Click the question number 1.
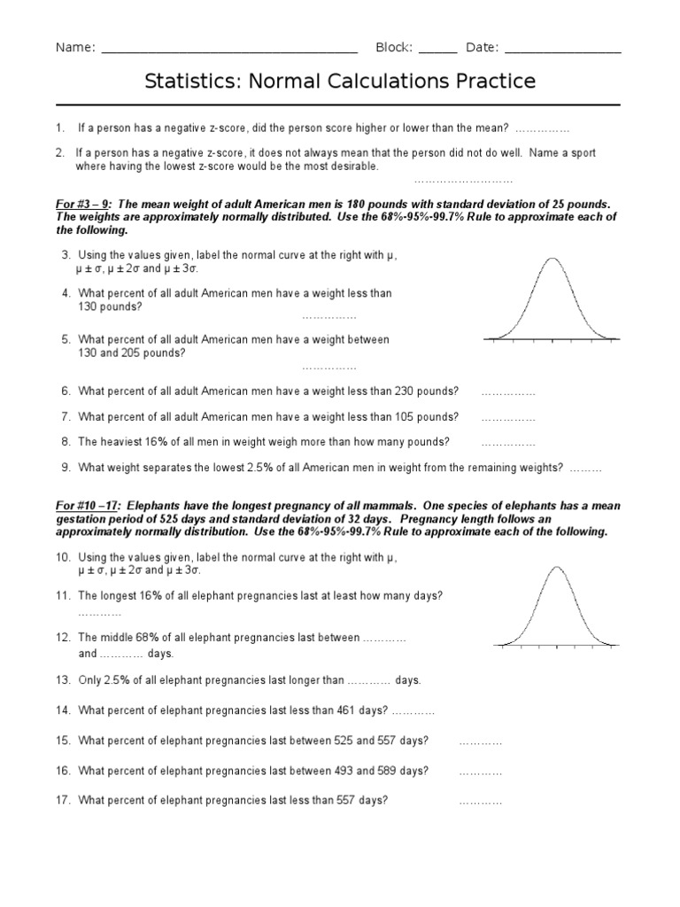pyautogui.click(x=60, y=128)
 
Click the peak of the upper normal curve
pyautogui.click(x=552, y=259)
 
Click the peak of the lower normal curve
pyautogui.click(x=556, y=568)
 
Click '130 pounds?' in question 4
pyautogui.click(x=110, y=306)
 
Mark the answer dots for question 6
pyautogui.click(x=508, y=391)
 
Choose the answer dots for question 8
pyautogui.click(x=508, y=442)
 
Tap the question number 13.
pyautogui.click(x=63, y=680)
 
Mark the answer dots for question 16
pyautogui.click(x=481, y=771)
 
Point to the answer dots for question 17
pyautogui.click(x=481, y=802)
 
